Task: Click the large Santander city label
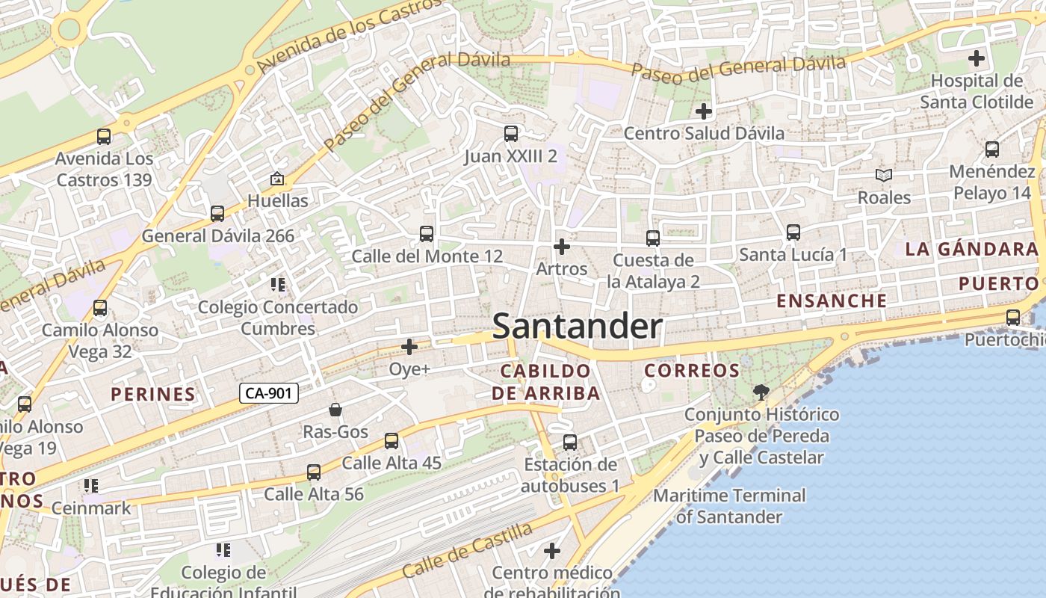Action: tap(577, 327)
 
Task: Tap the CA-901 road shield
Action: tap(269, 393)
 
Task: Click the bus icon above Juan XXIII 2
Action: tap(511, 135)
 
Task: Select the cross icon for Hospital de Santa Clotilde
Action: tap(976, 58)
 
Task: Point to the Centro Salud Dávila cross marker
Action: tap(703, 111)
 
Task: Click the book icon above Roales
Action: tap(884, 176)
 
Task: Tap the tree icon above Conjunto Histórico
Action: tap(761, 392)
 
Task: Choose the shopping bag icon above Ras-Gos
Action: tap(335, 410)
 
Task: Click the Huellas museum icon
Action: tap(277, 179)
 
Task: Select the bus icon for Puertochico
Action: tap(1013, 318)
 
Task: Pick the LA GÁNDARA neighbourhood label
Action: tap(971, 250)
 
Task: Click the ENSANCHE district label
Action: tap(832, 300)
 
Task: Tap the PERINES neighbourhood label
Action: tap(153, 394)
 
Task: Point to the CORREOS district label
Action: tap(692, 370)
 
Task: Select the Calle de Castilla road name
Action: tap(467, 550)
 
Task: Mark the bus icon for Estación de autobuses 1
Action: tap(570, 443)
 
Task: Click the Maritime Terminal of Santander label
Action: tap(729, 505)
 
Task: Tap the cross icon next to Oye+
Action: tap(409, 347)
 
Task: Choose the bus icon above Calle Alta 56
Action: tap(314, 472)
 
